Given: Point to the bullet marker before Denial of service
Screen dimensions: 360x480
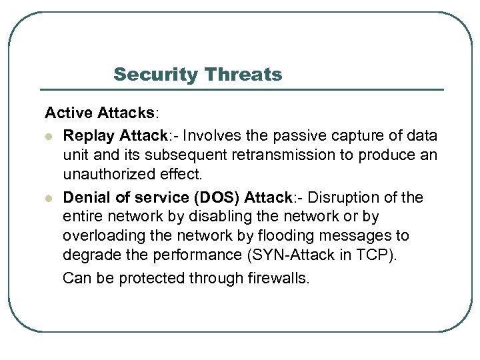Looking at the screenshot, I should (x=49, y=199).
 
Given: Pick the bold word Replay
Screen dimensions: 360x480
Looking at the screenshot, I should (x=89, y=136).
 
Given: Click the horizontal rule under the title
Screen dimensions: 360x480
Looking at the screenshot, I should (x=242, y=89).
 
